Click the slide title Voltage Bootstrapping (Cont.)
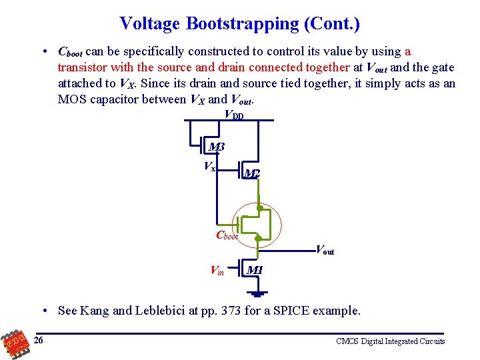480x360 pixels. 240,24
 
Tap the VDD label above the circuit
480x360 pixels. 234,115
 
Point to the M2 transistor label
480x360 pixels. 251,174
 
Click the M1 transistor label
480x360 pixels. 255,270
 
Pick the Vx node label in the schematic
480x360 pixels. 209,167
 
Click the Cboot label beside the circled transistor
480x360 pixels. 227,235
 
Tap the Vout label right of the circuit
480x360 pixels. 324,251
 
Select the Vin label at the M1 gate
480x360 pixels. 217,271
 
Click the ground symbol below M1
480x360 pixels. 258,293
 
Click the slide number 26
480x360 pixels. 39,341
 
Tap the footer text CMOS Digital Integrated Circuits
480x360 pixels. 391,341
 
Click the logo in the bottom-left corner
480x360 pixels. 13,343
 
